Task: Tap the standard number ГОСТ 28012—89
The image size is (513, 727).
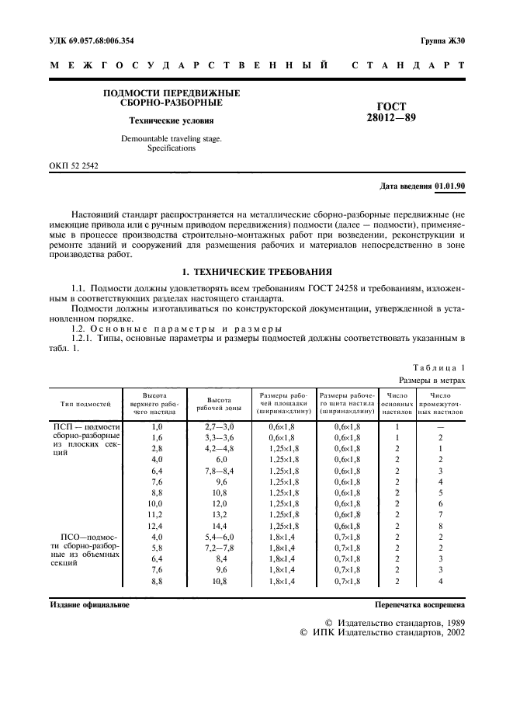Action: (x=391, y=113)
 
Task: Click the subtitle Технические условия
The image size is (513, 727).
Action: (x=171, y=120)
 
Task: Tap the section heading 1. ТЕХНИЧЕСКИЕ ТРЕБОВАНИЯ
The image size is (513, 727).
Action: (x=256, y=272)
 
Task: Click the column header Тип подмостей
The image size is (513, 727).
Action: (x=85, y=404)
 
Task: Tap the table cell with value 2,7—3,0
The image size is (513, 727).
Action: (x=218, y=426)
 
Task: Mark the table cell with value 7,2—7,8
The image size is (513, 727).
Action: (x=218, y=548)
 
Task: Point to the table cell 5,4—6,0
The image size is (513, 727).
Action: (x=218, y=537)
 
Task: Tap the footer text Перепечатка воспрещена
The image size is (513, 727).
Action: (x=419, y=604)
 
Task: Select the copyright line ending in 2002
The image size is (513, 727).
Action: (x=382, y=633)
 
